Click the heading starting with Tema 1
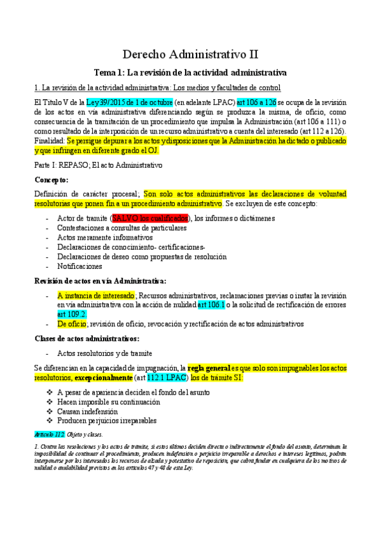pyautogui.click(x=190, y=72)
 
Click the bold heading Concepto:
pyautogui.click(x=52, y=179)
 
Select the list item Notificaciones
pyautogui.click(x=80, y=266)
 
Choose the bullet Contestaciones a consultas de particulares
pyautogui.click(x=121, y=228)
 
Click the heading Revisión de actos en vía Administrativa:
pyautogui.click(x=100, y=280)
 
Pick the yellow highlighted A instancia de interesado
pyautogui.click(x=95, y=296)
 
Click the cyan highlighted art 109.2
pyautogui.click(x=71, y=314)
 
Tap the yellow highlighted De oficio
pyautogui.click(x=73, y=324)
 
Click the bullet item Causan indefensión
pyautogui.click(x=93, y=411)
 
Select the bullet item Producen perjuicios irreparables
pyautogui.click(x=107, y=421)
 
